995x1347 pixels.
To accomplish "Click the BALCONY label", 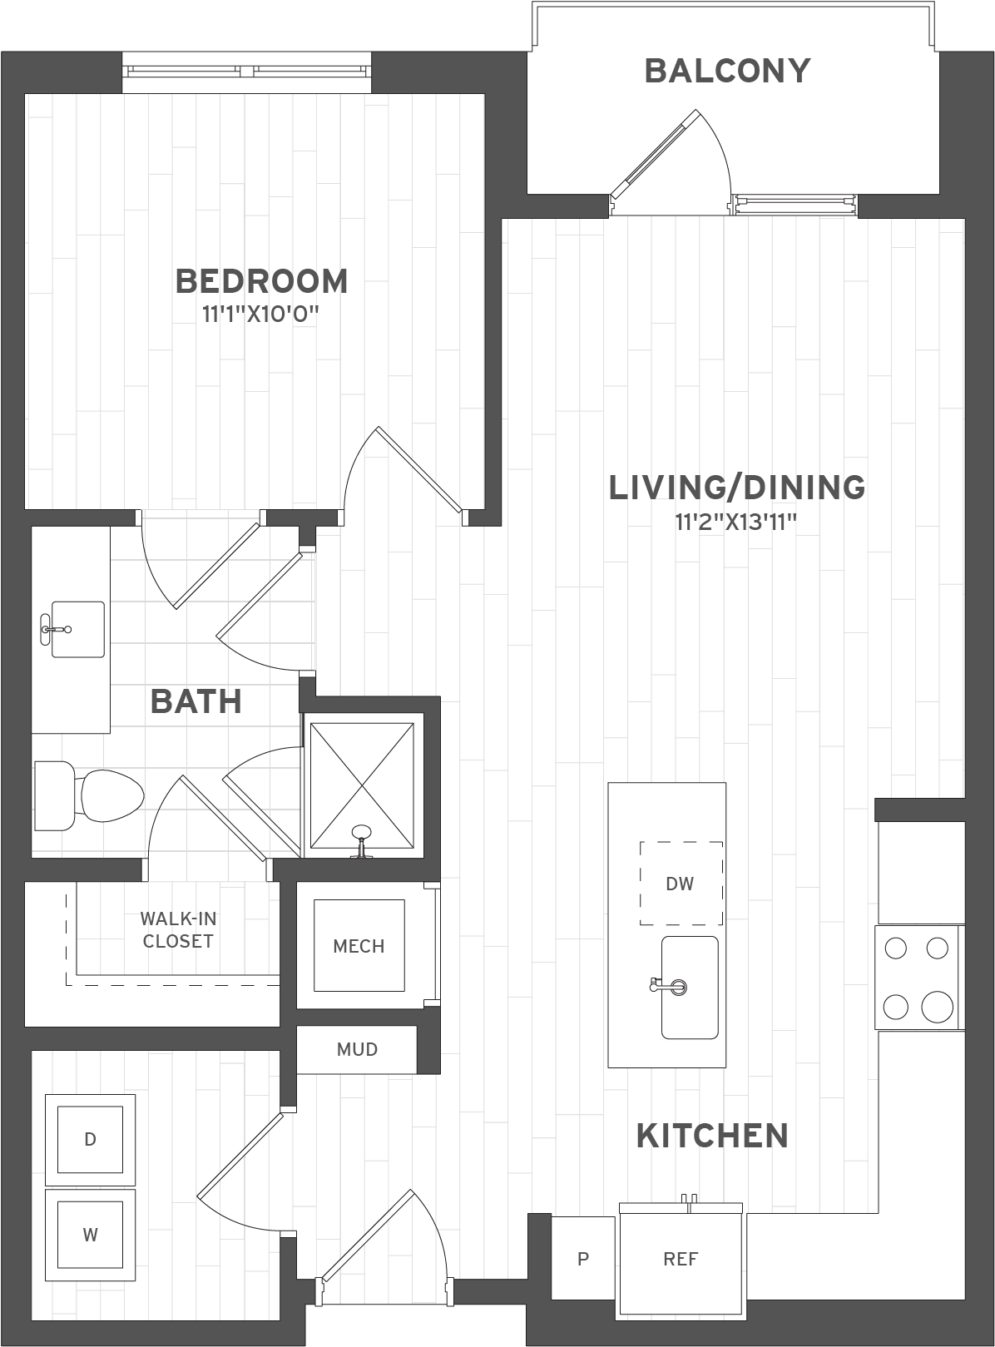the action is pos(727,71).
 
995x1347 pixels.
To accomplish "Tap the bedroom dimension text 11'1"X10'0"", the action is pos(260,314).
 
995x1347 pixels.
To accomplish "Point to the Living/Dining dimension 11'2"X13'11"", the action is pos(735,522).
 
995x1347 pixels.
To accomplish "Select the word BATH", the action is pos(196,701).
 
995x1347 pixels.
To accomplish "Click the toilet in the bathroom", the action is pos(89,795).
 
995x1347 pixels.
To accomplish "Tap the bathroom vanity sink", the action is pos(77,629).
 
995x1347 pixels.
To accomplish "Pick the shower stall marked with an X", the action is pos(362,785).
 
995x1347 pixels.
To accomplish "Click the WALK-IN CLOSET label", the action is pos(178,930).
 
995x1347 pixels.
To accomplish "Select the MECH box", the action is pos(359,946).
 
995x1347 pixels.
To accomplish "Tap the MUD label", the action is pos(357,1049).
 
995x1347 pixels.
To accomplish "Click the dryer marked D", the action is pos(90,1139).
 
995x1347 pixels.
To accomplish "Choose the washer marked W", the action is pos(90,1235).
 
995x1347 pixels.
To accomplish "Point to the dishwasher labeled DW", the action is pos(681,884).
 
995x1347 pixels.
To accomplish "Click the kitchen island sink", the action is pos(690,987).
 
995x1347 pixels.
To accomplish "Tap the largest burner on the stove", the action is pos(937,1007).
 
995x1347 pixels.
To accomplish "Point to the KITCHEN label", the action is pos(712,1136).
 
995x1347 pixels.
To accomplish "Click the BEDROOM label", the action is pos(262,281).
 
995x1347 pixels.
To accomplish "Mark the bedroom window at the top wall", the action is pos(246,72).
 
